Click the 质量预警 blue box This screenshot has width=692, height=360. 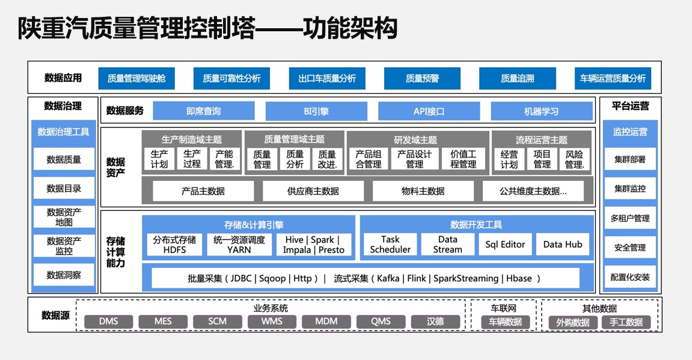422,78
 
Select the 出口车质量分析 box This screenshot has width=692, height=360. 327,78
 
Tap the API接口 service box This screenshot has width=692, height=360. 429,111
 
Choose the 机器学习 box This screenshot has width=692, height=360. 541,111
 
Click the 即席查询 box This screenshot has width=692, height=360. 203,111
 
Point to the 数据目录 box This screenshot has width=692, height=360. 64,188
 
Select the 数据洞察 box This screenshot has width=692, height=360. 64,275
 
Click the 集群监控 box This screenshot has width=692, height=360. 630,189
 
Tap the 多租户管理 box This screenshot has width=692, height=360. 630,218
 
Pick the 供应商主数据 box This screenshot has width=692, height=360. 313,191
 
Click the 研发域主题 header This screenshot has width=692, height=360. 415,139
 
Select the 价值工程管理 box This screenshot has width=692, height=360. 463,159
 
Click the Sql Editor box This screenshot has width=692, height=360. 505,245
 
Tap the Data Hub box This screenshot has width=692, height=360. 563,245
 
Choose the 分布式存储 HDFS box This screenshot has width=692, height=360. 174,245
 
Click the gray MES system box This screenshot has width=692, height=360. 163,322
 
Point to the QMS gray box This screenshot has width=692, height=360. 381,322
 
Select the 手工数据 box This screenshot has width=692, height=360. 626,323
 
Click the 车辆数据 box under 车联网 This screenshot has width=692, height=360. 505,322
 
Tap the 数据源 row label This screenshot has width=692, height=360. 55,315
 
